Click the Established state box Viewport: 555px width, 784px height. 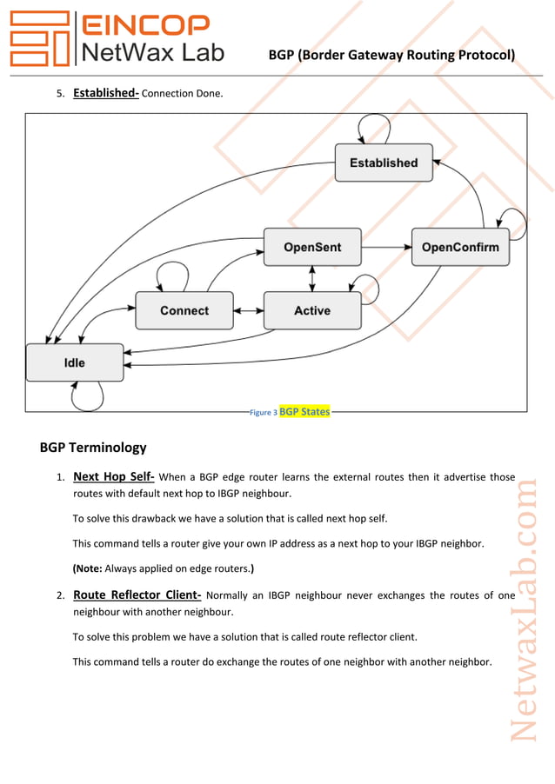383,163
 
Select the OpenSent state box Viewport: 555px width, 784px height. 312,247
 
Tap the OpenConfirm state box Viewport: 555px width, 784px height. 460,247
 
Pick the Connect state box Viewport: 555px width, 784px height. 184,310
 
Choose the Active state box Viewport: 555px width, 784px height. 312,310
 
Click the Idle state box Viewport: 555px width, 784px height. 74,362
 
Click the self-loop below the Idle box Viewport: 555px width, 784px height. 87,401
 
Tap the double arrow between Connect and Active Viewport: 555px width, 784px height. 248,310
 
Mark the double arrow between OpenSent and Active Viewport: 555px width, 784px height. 312,278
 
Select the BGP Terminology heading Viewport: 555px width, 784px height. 93,448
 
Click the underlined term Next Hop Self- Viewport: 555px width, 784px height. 114,476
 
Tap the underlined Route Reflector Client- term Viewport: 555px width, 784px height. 137,595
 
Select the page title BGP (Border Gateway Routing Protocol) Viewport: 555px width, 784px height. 391,56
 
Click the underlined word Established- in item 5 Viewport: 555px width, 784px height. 105,92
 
